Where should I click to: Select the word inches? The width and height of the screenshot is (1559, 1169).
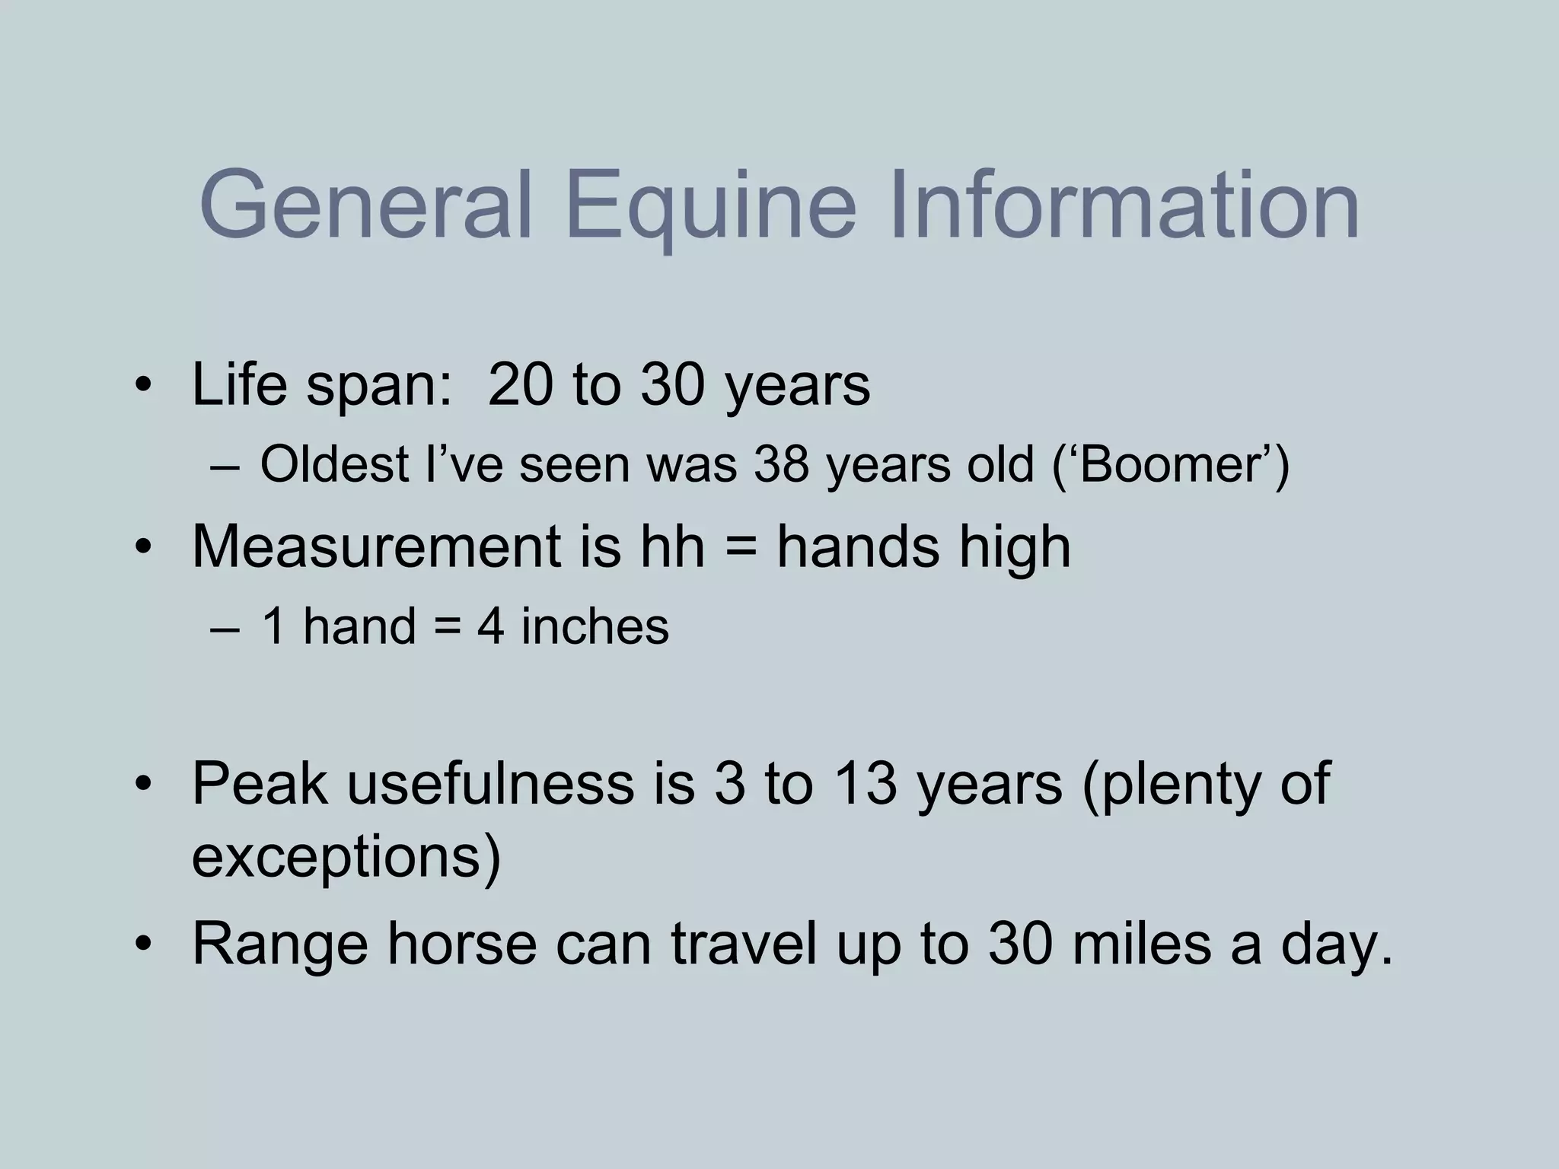click(595, 627)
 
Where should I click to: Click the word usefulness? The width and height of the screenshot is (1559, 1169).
click(490, 784)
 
